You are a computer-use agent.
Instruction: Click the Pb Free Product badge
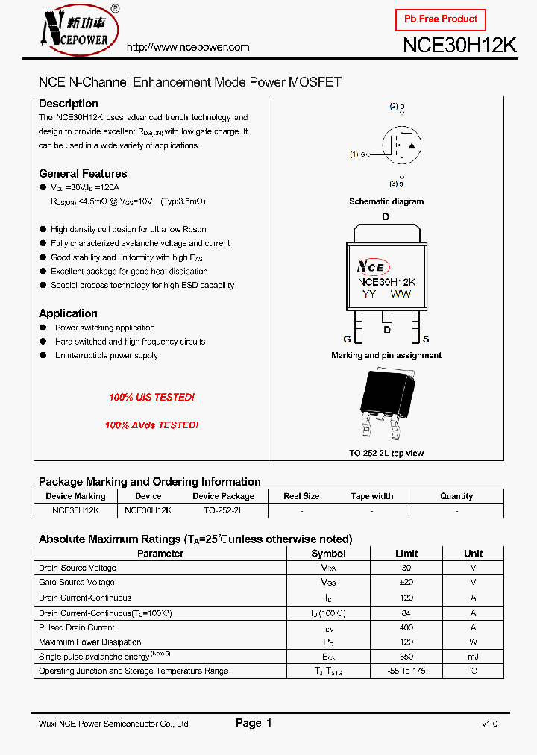click(440, 19)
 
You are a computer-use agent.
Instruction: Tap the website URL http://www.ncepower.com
click(188, 47)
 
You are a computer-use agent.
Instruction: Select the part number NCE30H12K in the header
click(459, 45)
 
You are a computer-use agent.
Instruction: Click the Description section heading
click(69, 104)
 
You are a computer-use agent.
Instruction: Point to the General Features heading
click(83, 174)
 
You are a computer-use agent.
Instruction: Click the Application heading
click(68, 313)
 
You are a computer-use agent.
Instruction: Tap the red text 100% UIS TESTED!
click(151, 398)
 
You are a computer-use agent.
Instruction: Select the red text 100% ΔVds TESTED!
click(151, 425)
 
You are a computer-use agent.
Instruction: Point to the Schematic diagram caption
click(386, 201)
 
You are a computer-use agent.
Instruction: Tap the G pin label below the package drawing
click(348, 339)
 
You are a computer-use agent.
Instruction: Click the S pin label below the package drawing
click(426, 339)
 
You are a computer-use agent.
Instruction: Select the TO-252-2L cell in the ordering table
click(223, 511)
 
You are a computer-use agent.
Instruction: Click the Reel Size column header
click(301, 496)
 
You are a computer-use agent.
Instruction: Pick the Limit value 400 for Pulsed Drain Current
click(406, 627)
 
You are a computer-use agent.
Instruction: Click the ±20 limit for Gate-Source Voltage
click(406, 583)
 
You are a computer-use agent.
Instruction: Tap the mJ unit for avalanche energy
click(473, 657)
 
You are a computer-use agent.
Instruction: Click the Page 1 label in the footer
click(254, 723)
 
